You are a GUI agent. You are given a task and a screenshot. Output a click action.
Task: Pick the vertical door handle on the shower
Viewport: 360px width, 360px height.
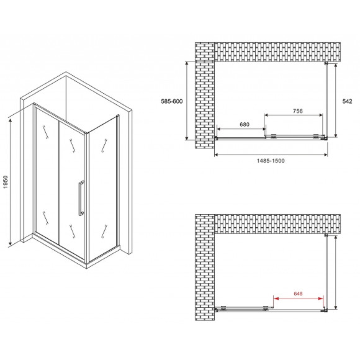point(79,199)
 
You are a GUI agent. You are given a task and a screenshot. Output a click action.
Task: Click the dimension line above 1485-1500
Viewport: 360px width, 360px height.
point(272,153)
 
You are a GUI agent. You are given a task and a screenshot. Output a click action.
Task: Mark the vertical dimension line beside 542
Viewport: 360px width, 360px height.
point(336,101)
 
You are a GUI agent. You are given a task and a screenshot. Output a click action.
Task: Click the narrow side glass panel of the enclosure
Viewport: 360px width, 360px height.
point(101,186)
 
